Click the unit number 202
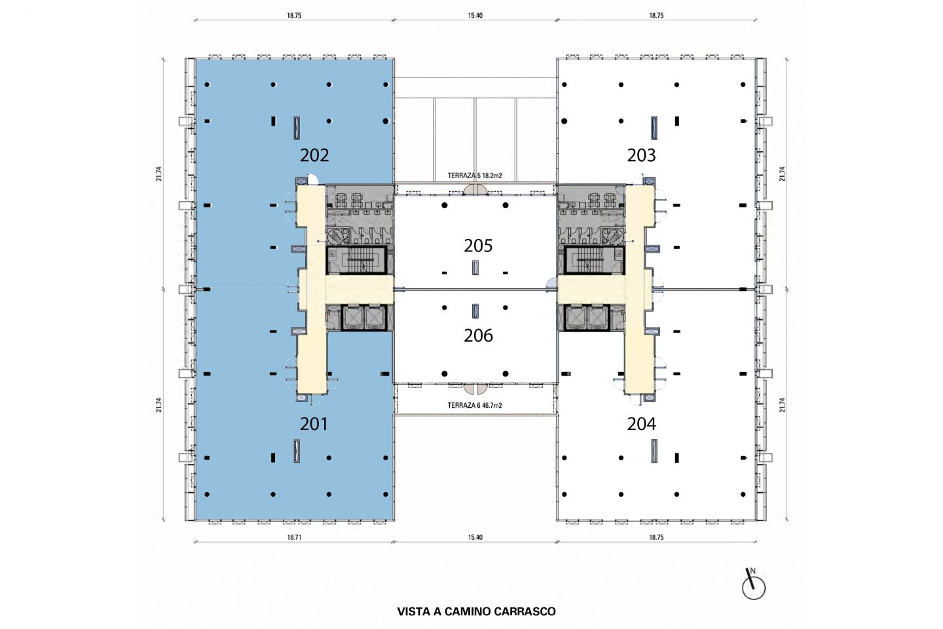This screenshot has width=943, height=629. [314, 155]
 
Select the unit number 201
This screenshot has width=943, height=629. [314, 423]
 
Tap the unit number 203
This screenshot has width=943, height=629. [641, 155]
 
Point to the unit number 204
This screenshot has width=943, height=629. [641, 423]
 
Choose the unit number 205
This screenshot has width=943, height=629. [478, 245]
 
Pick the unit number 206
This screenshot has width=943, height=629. [478, 336]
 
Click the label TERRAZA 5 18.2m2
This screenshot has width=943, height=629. [474, 176]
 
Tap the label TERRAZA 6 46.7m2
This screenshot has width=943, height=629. [474, 406]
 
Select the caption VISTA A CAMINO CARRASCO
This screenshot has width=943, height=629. [476, 611]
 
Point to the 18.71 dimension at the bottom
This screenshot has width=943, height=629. [294, 537]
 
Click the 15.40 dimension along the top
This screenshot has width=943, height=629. [475, 16]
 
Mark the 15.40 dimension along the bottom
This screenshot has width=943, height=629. [475, 537]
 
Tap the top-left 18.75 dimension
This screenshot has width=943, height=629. [294, 16]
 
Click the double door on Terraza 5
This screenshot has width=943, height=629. [475, 190]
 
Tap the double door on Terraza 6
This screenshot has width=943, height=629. [475, 387]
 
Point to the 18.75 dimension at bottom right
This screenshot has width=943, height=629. [656, 537]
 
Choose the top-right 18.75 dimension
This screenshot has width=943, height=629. [656, 16]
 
